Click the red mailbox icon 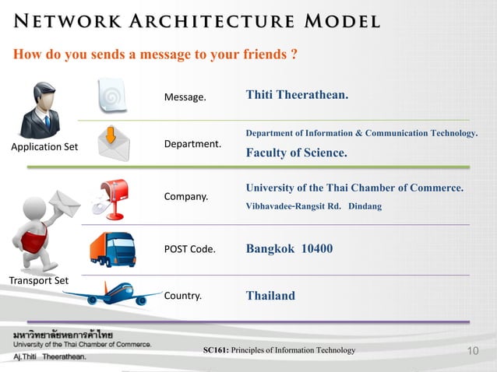108,197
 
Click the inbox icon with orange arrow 113,144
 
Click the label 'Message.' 185,98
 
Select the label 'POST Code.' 189,250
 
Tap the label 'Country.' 183,296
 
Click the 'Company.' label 186,197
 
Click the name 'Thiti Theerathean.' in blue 297,95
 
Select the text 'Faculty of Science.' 296,153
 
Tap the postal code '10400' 316,249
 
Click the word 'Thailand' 270,296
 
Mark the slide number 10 471,352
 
